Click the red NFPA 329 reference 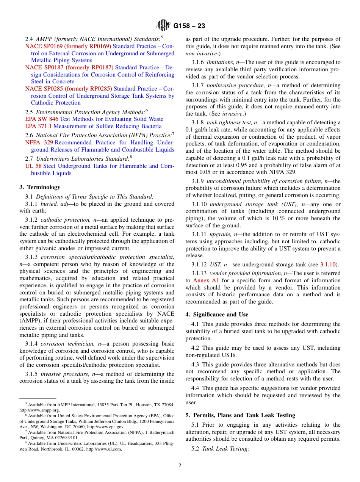[39, 142]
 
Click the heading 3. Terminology [40, 187]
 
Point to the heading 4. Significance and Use [217, 315]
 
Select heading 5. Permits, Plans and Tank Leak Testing [240, 415]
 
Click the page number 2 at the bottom [180, 466]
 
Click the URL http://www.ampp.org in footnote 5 [39, 410]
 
